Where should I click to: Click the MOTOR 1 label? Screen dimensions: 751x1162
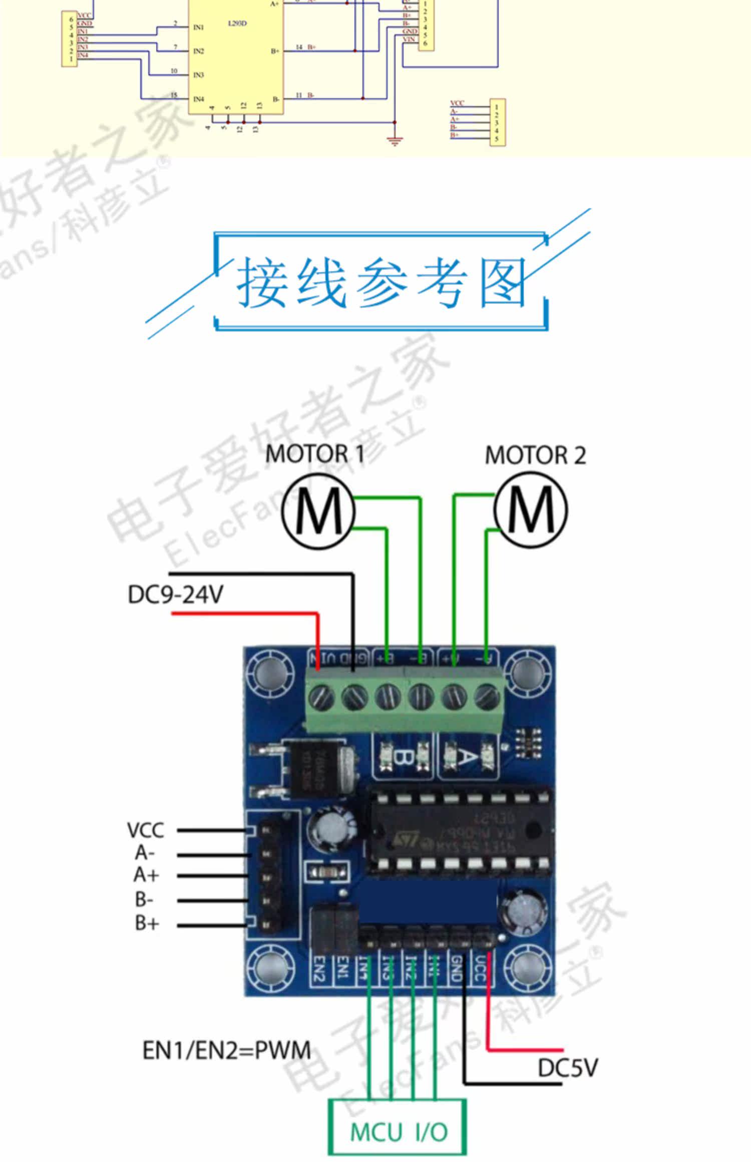(314, 454)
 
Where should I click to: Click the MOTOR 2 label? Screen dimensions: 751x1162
(535, 455)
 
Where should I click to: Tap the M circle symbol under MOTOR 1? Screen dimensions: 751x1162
(318, 511)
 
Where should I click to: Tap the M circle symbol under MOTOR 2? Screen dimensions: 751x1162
(531, 510)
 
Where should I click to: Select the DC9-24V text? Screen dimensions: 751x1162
(175, 595)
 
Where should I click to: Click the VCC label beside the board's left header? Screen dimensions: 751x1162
(145, 830)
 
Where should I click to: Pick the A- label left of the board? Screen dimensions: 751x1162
(145, 852)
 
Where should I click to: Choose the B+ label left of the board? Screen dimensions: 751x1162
(147, 922)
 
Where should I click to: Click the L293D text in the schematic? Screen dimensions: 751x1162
(237, 24)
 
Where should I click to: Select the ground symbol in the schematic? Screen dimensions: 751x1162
(395, 141)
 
